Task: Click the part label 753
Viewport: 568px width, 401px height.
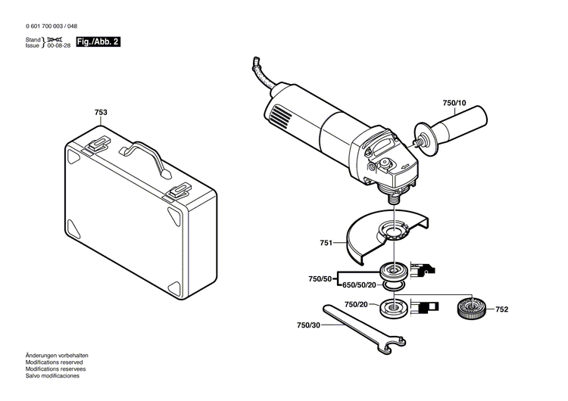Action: click(101, 113)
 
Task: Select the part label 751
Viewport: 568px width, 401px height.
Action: click(326, 244)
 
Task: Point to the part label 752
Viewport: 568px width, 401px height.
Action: click(501, 309)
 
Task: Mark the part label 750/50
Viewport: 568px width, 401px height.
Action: click(320, 279)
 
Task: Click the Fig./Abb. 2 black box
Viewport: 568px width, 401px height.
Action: click(99, 42)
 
